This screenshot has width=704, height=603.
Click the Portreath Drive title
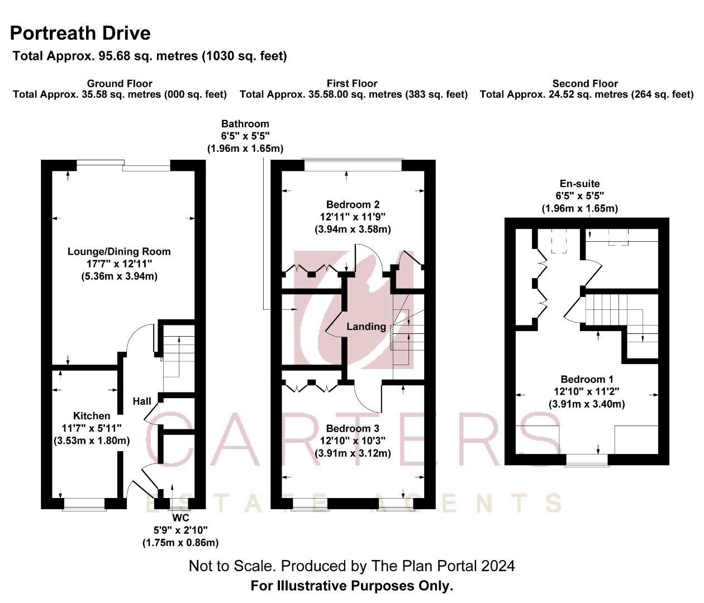pyautogui.click(x=80, y=33)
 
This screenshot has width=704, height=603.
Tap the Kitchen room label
pyautogui.click(x=92, y=415)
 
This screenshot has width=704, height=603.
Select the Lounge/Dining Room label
pyautogui.click(x=119, y=251)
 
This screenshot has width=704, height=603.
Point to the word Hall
pyautogui.click(x=142, y=401)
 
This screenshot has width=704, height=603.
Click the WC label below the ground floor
pyautogui.click(x=180, y=518)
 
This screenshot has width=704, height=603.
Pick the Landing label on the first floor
pyautogui.click(x=366, y=327)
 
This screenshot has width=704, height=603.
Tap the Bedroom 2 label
pyautogui.click(x=353, y=204)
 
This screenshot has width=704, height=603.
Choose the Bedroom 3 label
pyautogui.click(x=353, y=428)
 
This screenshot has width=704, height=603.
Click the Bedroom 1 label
pyautogui.click(x=587, y=379)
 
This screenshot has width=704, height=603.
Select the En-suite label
pyautogui.click(x=580, y=184)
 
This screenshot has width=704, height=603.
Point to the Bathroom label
pyautogui.click(x=245, y=123)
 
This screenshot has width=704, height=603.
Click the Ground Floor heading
pyautogui.click(x=120, y=83)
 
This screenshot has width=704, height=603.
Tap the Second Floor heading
pyautogui.click(x=585, y=83)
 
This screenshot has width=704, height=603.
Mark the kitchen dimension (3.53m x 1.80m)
pyautogui.click(x=92, y=441)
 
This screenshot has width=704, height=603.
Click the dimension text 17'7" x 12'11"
pyautogui.click(x=119, y=264)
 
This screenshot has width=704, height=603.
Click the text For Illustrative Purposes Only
pyautogui.click(x=352, y=586)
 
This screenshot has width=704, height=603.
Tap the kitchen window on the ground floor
pyautogui.click(x=84, y=504)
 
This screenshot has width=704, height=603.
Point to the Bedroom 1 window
pyautogui.click(x=587, y=460)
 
